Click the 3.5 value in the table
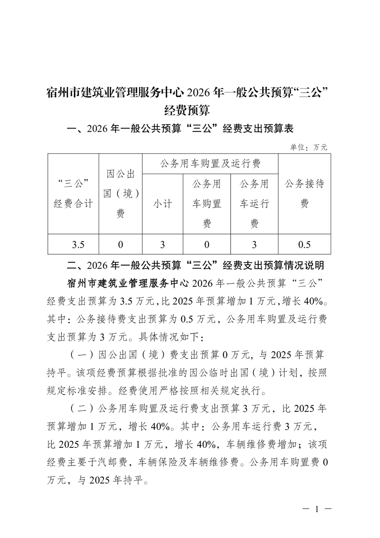[x=78, y=245]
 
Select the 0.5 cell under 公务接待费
[x=304, y=245]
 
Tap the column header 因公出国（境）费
[x=121, y=194]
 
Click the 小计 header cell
[x=162, y=204]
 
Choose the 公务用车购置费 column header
[x=207, y=204]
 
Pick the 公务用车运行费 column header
[x=254, y=204]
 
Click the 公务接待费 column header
[x=304, y=194]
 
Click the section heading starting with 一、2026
[x=181, y=129]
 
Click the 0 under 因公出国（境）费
[x=121, y=245]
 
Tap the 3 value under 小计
[x=162, y=245]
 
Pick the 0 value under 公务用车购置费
[x=207, y=245]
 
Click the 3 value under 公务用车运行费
[x=254, y=245]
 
